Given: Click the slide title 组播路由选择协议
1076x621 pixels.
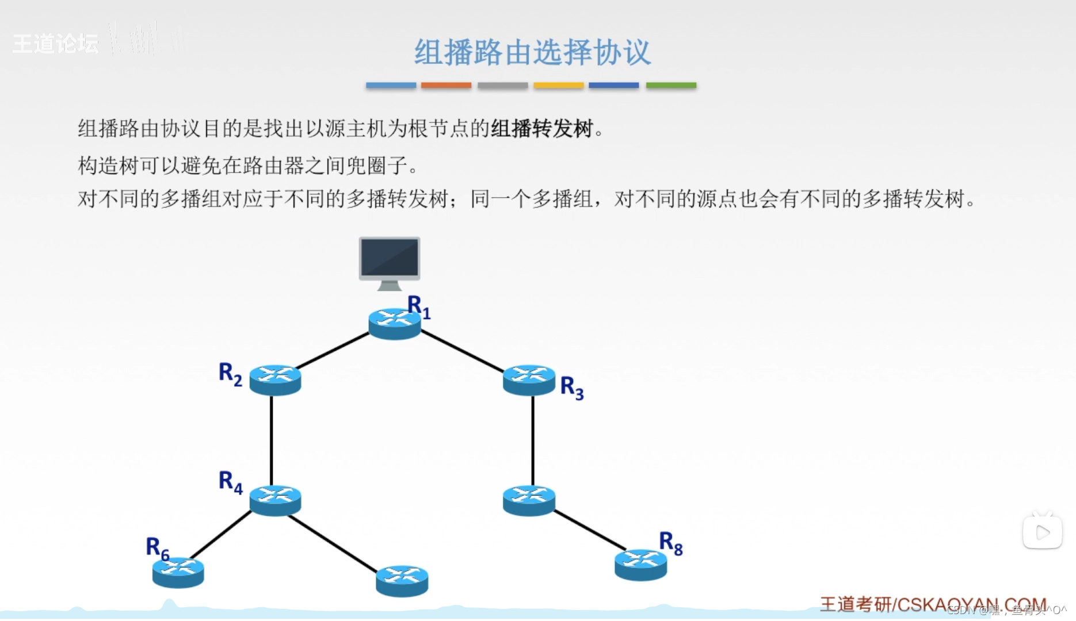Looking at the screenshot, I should click(x=532, y=53).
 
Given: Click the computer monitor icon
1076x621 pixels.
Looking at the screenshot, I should click(x=390, y=262).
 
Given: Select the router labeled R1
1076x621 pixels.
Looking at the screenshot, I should click(x=395, y=324).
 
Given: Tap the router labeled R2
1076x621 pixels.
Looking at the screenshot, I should click(x=275, y=379).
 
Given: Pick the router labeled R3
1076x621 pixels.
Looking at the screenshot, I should click(x=529, y=379).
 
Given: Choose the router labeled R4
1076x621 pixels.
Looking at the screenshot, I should click(x=275, y=500).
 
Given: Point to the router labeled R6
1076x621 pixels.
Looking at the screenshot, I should click(x=178, y=572).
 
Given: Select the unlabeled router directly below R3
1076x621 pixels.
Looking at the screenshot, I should click(x=529, y=500).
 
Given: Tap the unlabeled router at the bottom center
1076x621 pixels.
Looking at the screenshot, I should click(x=402, y=580).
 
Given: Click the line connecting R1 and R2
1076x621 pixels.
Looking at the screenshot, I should click(x=333, y=351).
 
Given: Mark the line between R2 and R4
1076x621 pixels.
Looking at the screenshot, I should click(x=272, y=440).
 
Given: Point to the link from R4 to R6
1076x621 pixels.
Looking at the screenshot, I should click(x=221, y=535).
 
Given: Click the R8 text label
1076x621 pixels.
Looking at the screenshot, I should click(x=670, y=543).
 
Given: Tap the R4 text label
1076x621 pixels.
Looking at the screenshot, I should click(x=230, y=482).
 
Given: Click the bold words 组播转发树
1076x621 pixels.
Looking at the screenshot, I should click(x=541, y=129).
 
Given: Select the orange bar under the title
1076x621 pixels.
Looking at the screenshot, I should click(x=446, y=86).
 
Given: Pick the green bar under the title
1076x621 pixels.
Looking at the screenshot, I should click(x=671, y=86).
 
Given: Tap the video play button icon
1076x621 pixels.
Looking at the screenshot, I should click(x=1042, y=532).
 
